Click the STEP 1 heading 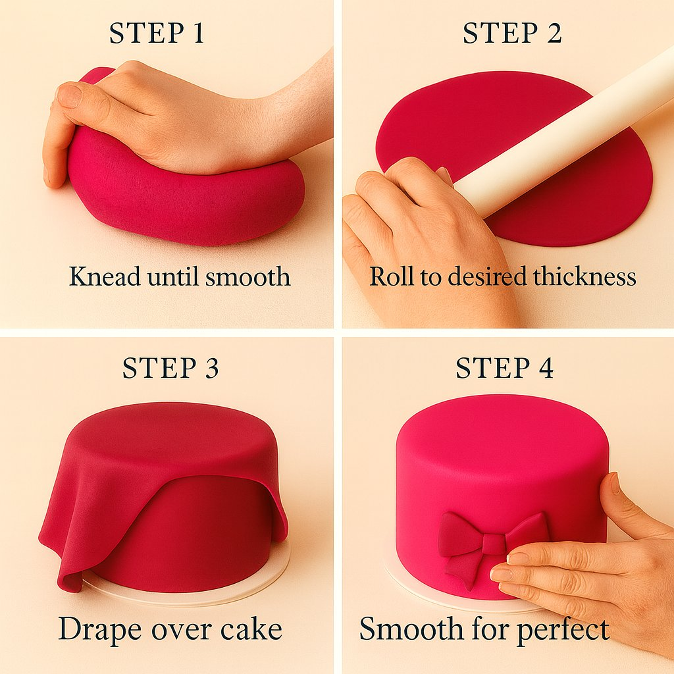click(x=157, y=33)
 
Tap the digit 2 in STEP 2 click(x=554, y=33)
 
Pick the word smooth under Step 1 click(x=247, y=276)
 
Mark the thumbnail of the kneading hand click(x=68, y=95)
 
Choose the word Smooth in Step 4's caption click(x=411, y=629)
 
